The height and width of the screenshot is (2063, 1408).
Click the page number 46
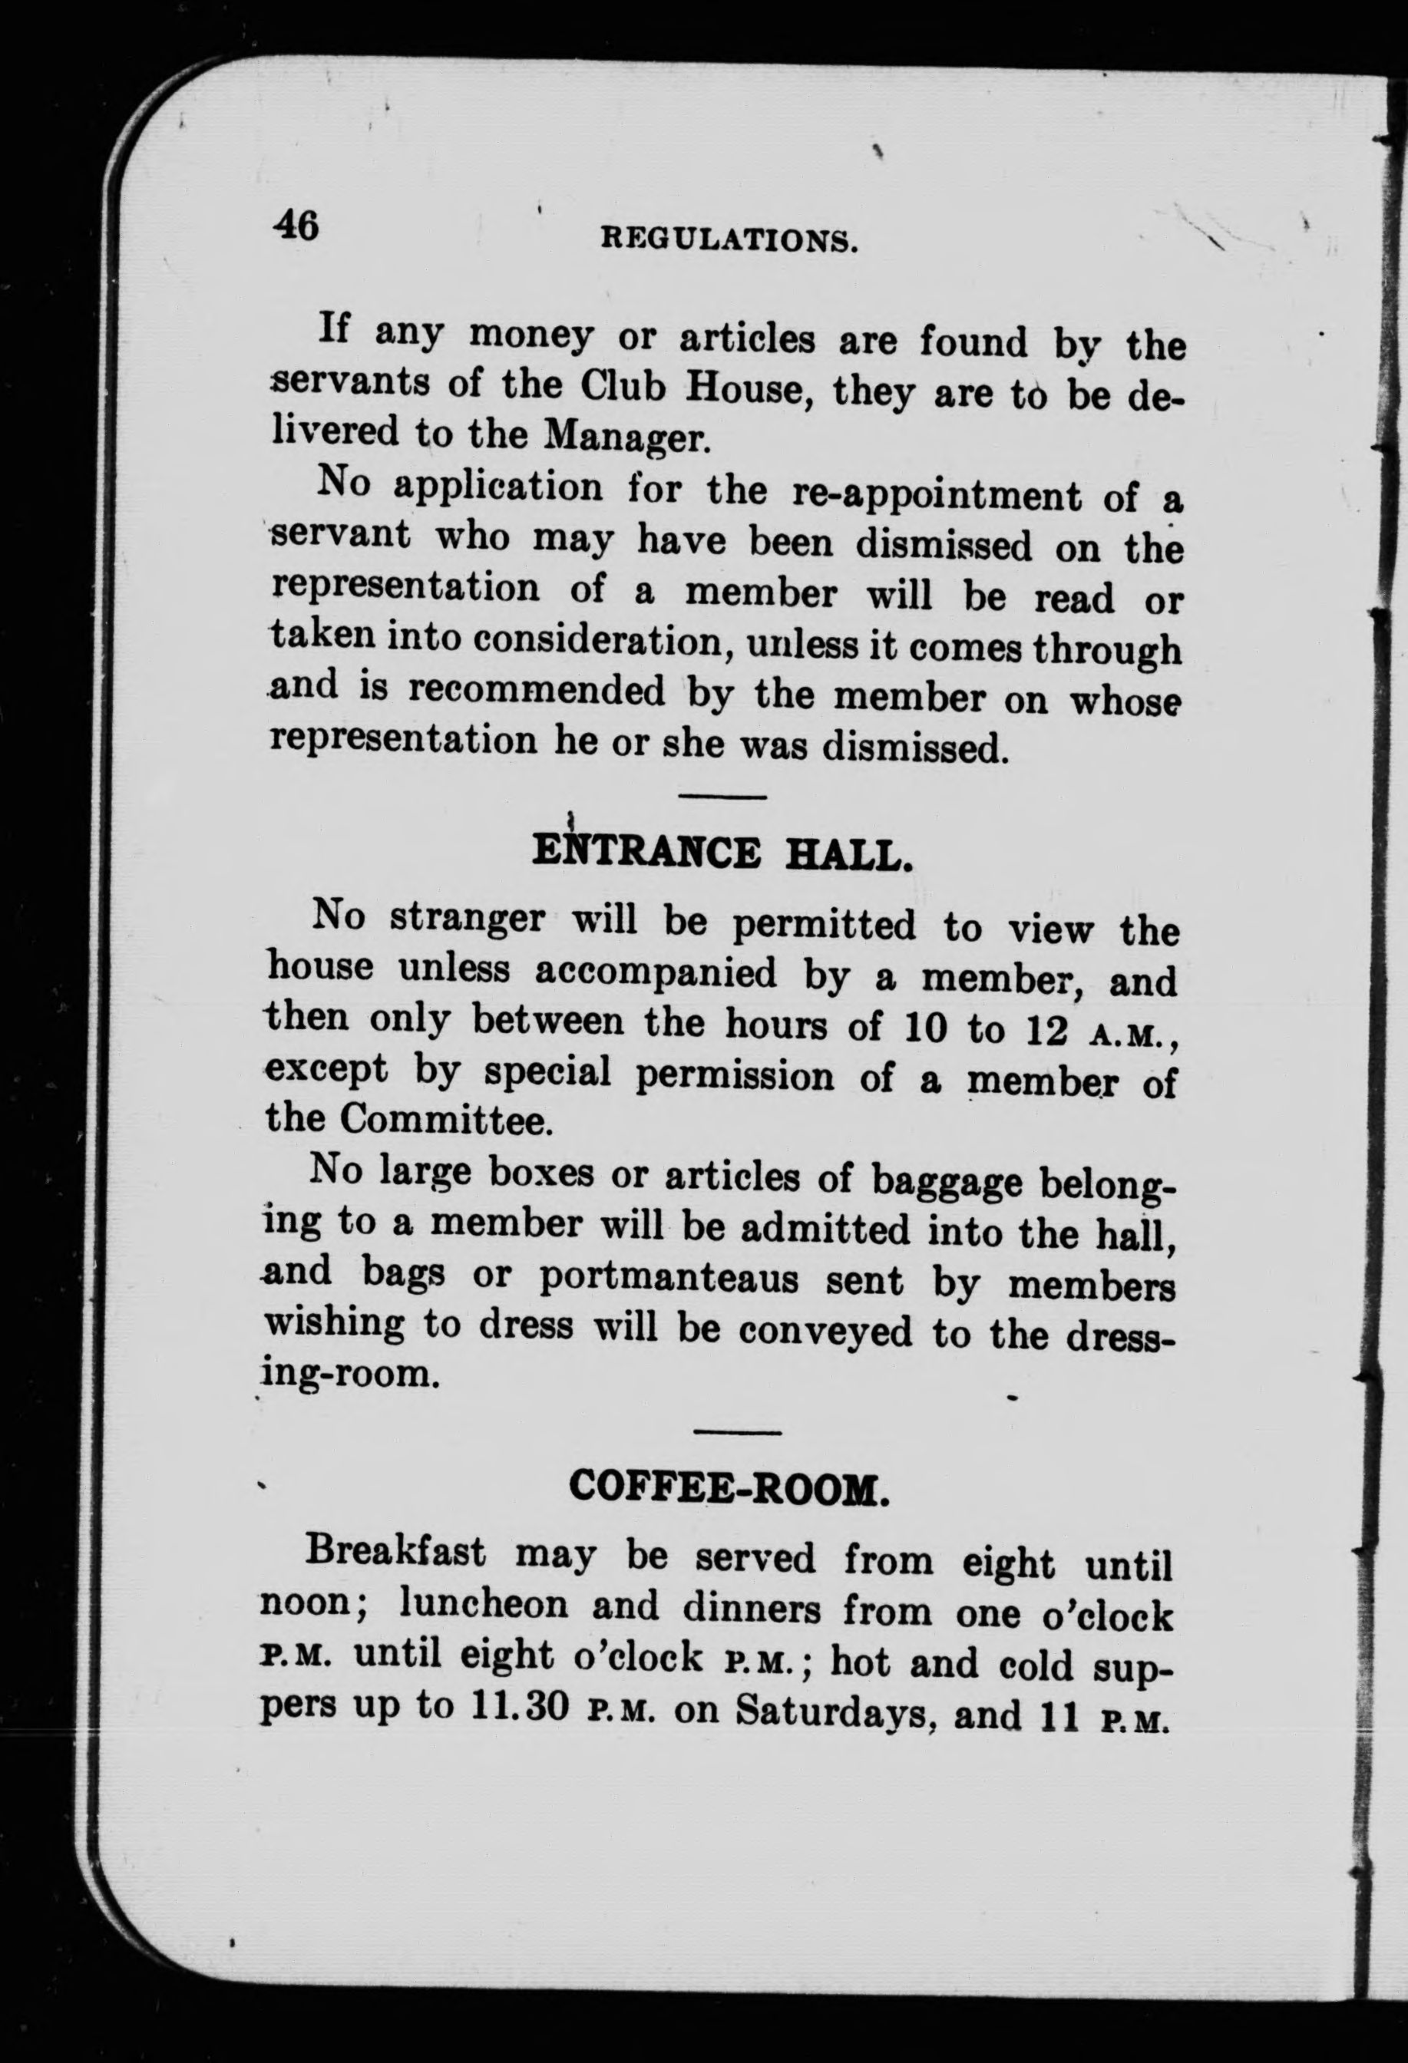pyautogui.click(x=296, y=226)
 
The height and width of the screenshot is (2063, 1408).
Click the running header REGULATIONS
pyautogui.click(x=729, y=240)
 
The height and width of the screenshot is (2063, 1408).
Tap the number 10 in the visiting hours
pyautogui.click(x=920, y=1027)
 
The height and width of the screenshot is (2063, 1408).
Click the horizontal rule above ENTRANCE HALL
pyautogui.click(x=722, y=798)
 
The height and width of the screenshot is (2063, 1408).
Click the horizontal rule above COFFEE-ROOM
pyautogui.click(x=736, y=1432)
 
